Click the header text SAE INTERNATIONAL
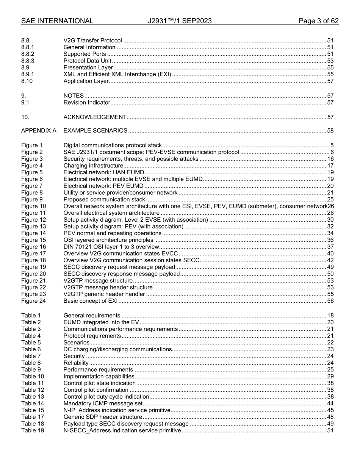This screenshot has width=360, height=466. (57, 21)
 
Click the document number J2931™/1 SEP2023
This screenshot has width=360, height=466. (180, 21)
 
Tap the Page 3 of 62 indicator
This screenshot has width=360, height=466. (318, 21)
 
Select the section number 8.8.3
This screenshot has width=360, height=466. (28, 61)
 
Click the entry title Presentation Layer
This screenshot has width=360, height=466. (88, 68)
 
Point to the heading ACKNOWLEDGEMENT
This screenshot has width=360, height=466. (95, 117)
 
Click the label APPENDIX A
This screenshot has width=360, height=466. (39, 131)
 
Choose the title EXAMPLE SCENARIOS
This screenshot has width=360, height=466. (95, 131)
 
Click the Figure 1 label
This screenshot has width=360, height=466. (32, 145)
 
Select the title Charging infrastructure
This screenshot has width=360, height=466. (93, 166)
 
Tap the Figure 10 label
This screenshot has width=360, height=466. (33, 206)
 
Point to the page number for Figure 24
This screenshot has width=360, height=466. (330, 301)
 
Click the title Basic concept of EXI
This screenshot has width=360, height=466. (91, 301)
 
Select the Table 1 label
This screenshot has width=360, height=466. (31, 316)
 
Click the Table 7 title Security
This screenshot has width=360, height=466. (74, 356)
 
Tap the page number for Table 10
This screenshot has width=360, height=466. (330, 377)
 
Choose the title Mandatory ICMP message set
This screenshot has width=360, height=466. (103, 403)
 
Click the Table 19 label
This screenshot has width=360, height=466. (33, 431)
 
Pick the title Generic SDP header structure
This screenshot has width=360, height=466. (103, 417)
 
